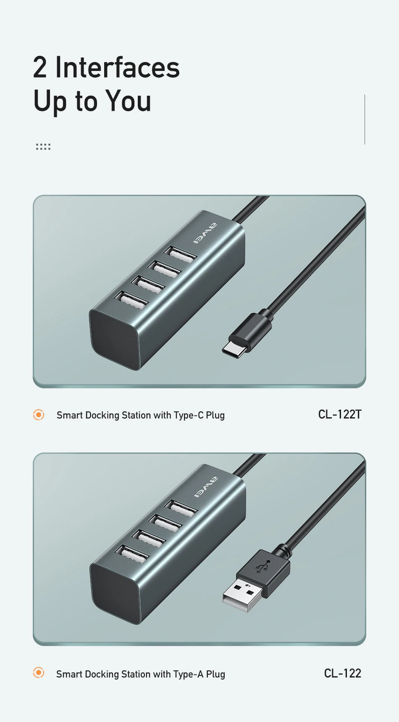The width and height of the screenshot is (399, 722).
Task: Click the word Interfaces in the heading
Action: tap(117, 67)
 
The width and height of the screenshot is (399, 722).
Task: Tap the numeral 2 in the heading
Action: tap(40, 67)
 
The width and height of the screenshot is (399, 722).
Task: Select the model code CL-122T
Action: tap(340, 414)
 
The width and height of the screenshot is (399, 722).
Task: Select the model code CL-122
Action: tap(342, 673)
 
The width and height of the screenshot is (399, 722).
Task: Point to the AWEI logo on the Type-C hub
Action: tap(205, 233)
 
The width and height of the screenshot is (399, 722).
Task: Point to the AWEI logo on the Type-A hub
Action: tap(206, 487)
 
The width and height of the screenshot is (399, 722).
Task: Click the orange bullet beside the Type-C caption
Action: tap(39, 415)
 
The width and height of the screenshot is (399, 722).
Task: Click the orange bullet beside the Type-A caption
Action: tap(39, 673)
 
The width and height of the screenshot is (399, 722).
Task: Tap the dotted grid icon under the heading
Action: tap(43, 146)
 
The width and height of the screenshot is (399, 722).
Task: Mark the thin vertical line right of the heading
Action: tap(365, 119)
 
